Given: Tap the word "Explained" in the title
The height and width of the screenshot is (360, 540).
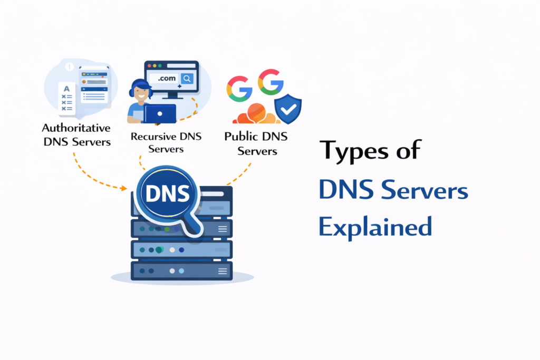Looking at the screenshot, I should coord(375,227).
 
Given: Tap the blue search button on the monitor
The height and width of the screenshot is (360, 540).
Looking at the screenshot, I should coord(187,79).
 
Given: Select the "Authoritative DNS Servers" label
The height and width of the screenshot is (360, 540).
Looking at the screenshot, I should coord(76,134).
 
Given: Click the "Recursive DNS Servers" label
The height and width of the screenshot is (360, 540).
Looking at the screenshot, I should coord(165,143).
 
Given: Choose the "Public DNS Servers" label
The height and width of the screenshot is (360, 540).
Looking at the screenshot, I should coord(256,143).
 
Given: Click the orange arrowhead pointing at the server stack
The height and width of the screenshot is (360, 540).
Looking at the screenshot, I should coord(124,188).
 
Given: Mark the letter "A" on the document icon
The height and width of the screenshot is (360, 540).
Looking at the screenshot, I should coord(66,89).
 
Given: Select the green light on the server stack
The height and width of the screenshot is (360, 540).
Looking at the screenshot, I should coord(167,229).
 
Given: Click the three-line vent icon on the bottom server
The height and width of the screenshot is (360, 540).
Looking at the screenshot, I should coord(223,271).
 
